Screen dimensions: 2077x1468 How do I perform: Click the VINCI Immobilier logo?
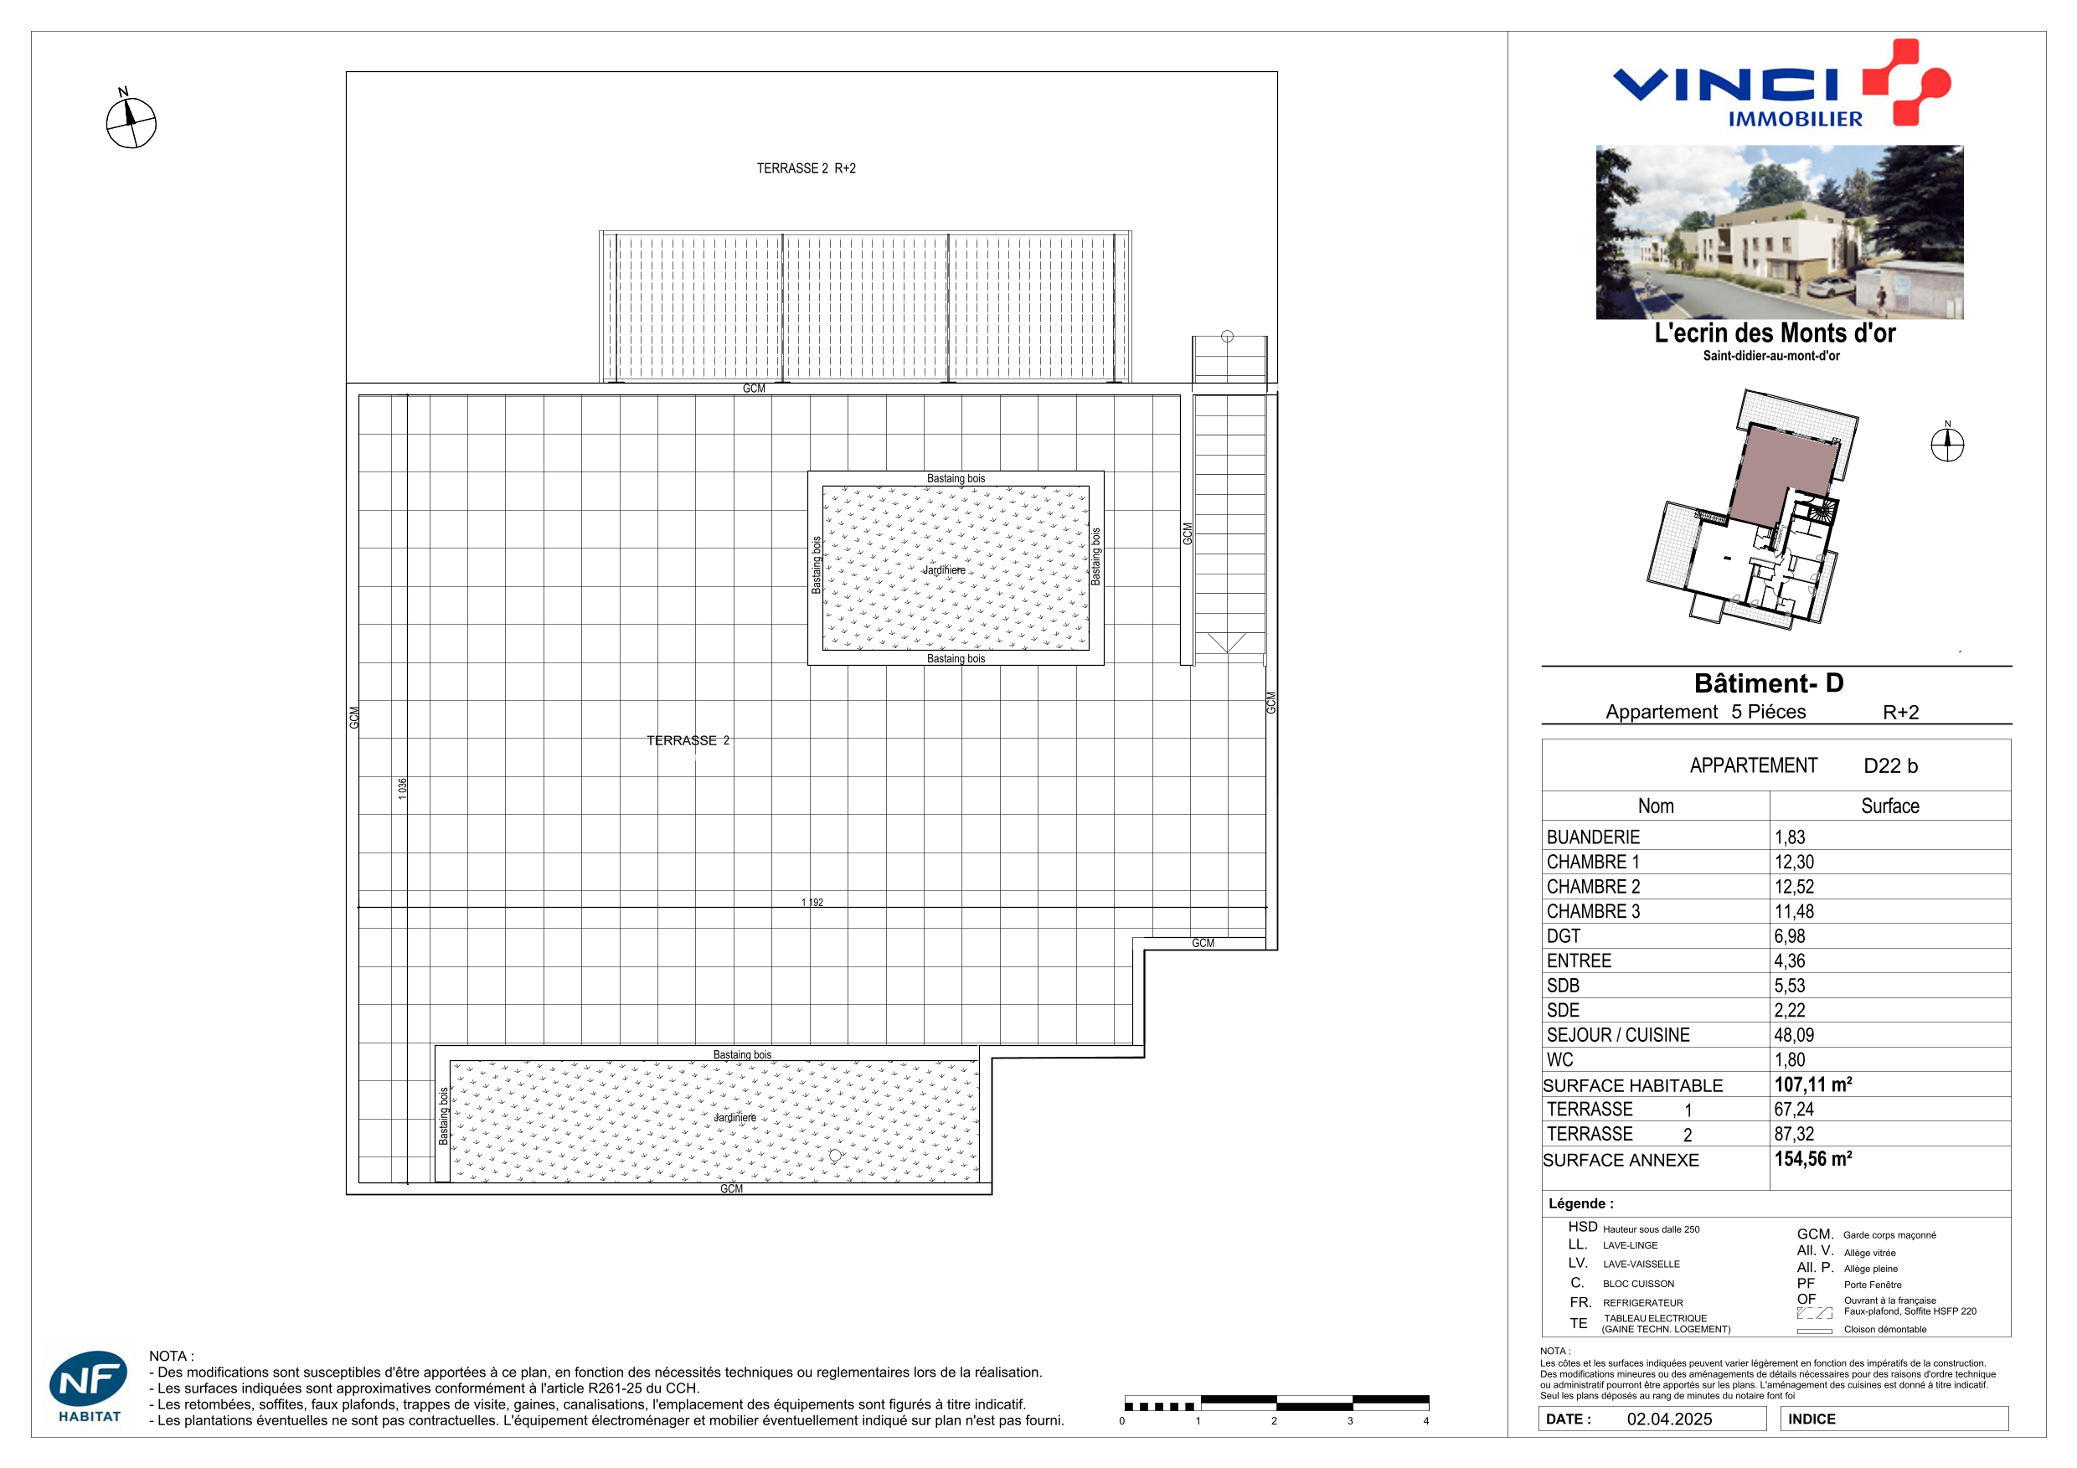point(1781,82)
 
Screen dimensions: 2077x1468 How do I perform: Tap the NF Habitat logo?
point(89,1386)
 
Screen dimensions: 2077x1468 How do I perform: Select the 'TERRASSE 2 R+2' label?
point(806,168)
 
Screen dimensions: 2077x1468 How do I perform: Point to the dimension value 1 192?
point(812,902)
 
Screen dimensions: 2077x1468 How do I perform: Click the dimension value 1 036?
point(403,788)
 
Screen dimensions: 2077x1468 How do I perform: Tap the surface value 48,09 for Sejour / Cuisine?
point(1794,1035)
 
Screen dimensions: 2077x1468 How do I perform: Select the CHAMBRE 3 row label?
point(1593,911)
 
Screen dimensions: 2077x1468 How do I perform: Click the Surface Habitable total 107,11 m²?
point(1813,1084)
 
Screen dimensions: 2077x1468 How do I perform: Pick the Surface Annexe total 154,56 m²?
point(1813,1159)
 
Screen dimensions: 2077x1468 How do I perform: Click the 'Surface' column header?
point(1889,806)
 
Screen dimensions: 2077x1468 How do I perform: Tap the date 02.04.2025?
point(1669,1419)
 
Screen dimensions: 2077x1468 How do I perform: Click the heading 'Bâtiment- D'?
point(1769,682)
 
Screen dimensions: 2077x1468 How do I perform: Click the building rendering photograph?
point(1780,233)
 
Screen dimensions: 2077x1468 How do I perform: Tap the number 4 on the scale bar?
point(1426,1421)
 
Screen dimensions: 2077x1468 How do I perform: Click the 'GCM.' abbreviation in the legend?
point(1815,1234)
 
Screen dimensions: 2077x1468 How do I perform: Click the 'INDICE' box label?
point(1812,1419)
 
